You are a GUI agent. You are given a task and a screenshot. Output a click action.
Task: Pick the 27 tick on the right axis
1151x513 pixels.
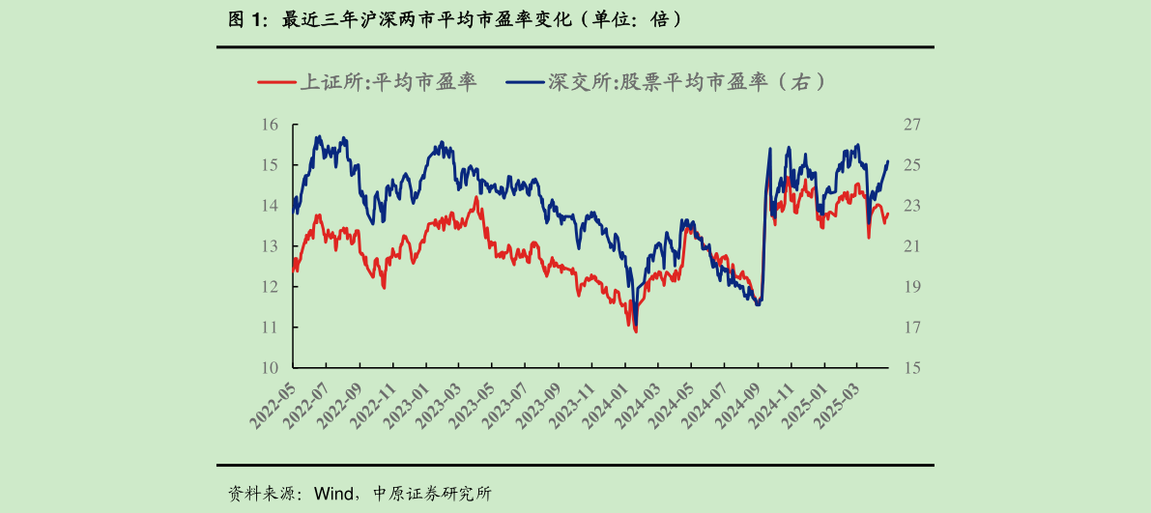point(912,125)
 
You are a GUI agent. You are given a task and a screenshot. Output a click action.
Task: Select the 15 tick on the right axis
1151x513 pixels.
point(912,367)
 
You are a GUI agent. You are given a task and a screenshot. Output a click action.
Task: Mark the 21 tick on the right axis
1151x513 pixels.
point(912,246)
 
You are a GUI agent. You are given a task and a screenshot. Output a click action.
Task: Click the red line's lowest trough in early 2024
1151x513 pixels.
point(635,331)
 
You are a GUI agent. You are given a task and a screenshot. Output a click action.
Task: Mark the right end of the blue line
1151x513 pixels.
point(888,161)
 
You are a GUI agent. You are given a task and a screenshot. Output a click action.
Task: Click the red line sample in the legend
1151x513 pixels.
point(275,82)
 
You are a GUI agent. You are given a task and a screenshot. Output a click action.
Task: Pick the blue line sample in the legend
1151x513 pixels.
point(524,82)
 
